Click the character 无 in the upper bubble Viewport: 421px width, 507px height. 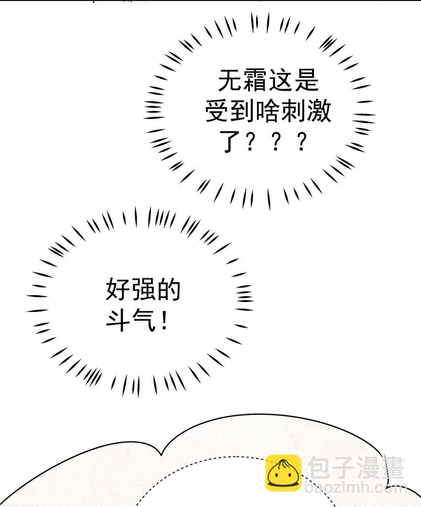230,80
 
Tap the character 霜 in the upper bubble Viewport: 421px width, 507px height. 256,80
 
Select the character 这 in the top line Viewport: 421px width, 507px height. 281,80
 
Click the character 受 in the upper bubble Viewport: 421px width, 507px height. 218,110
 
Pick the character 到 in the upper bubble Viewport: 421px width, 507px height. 243,110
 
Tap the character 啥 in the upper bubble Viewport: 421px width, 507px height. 268,110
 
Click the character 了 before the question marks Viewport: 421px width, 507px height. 230,141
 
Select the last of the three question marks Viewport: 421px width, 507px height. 301,141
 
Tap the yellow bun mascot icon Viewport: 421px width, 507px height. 283,473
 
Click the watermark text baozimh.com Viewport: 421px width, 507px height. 356,487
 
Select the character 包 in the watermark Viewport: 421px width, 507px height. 319,468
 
